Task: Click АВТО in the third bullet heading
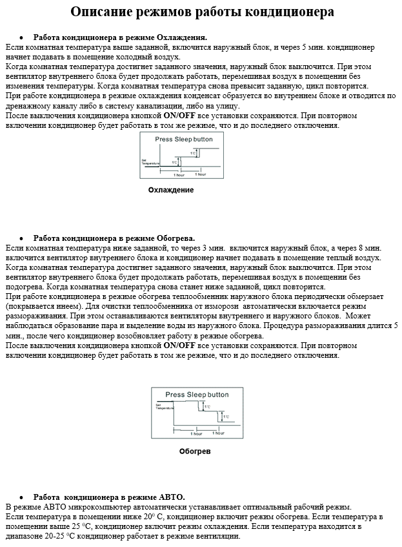171,497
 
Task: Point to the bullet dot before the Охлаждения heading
21,37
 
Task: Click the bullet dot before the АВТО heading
21,497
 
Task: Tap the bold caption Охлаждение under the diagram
171,191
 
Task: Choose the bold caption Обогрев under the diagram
195,451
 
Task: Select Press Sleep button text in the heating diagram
197,395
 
